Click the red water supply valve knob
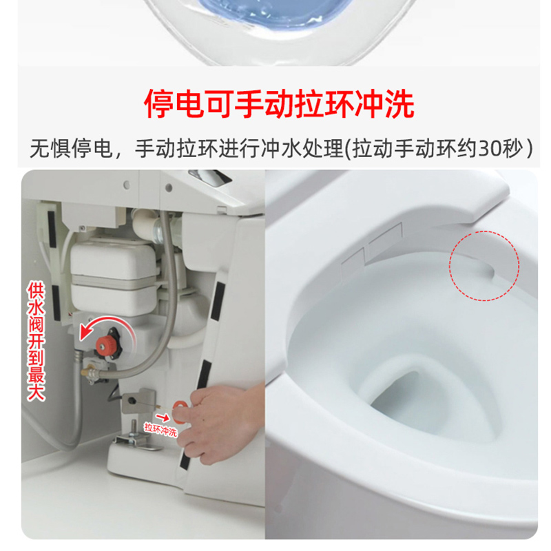tap(105, 343)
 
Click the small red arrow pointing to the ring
tap(163, 416)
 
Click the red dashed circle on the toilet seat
tap(484, 264)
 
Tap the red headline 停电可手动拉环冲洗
tap(279, 104)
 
